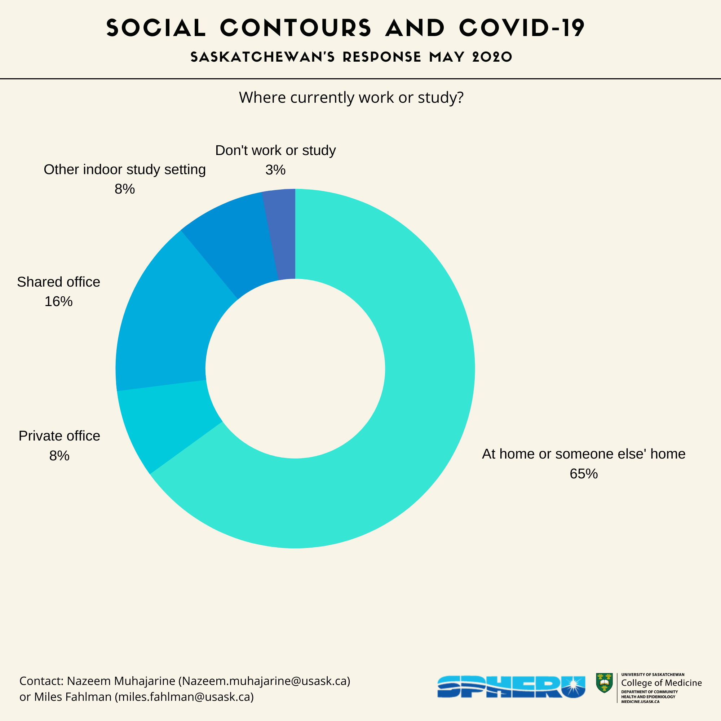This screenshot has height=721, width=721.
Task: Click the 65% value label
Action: (x=584, y=474)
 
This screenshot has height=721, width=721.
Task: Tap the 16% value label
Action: (x=59, y=301)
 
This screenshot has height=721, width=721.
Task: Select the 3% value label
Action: (x=275, y=170)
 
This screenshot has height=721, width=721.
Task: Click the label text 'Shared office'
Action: (x=59, y=282)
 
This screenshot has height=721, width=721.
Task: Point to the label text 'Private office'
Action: (x=59, y=436)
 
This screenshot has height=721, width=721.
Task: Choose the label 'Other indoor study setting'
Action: (x=125, y=169)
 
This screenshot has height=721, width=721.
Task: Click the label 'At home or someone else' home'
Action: (x=584, y=454)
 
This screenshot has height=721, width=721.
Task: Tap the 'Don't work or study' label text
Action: (x=275, y=150)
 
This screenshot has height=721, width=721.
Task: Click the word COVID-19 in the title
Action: (x=522, y=28)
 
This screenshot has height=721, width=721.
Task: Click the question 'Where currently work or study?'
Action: (x=351, y=98)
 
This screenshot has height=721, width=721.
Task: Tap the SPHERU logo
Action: (x=511, y=686)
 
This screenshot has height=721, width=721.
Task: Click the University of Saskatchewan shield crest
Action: (x=604, y=683)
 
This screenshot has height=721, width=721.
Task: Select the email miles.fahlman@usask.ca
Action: (x=184, y=697)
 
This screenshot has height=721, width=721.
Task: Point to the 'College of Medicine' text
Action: (x=661, y=683)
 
